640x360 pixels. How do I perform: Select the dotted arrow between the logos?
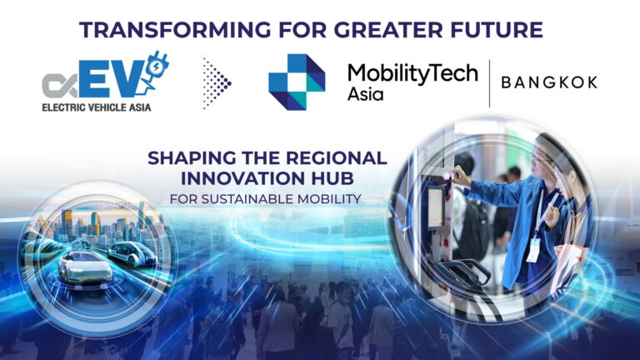click(217, 82)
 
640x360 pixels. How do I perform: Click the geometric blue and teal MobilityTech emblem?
click(297, 82)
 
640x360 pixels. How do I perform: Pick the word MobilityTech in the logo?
click(412, 72)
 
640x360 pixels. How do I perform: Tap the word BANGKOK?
click(548, 82)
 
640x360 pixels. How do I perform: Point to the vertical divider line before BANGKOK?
click(489, 82)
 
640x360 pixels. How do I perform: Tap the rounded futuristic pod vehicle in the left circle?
click(133, 253)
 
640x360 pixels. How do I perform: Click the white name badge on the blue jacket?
click(532, 248)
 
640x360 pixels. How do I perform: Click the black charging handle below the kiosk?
click(463, 275)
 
